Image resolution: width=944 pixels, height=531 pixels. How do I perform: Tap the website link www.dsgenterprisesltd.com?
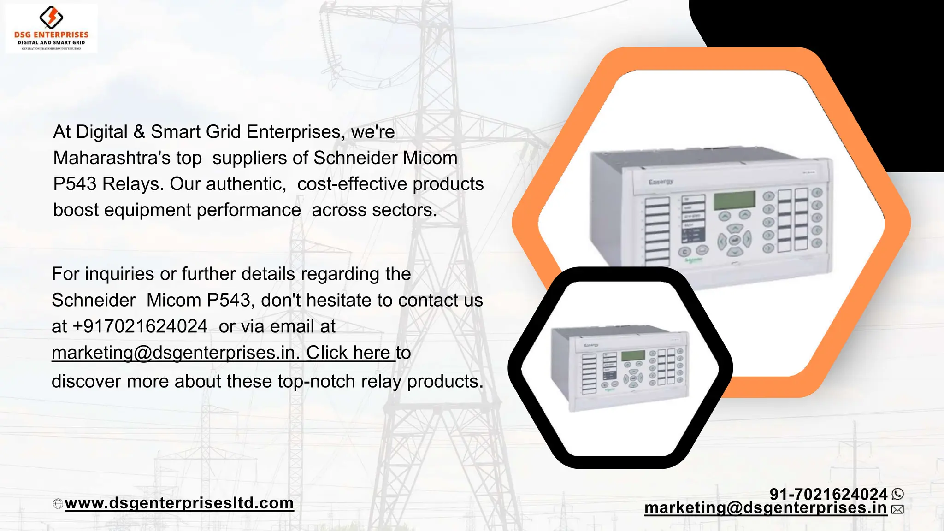[179, 503]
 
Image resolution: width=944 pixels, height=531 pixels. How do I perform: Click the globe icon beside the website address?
[58, 504]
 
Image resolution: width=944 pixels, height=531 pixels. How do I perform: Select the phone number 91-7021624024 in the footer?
[828, 494]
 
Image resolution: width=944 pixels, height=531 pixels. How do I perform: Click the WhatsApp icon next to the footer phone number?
[897, 494]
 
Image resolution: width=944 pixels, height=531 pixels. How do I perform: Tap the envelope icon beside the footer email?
[897, 509]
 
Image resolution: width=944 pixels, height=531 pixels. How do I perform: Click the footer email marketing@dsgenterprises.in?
[765, 508]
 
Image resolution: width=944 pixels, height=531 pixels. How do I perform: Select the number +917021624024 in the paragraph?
[140, 326]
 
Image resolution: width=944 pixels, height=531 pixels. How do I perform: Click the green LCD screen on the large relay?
[734, 200]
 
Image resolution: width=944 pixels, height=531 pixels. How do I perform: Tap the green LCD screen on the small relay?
[633, 355]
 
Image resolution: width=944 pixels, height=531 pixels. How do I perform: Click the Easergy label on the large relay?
[661, 182]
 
